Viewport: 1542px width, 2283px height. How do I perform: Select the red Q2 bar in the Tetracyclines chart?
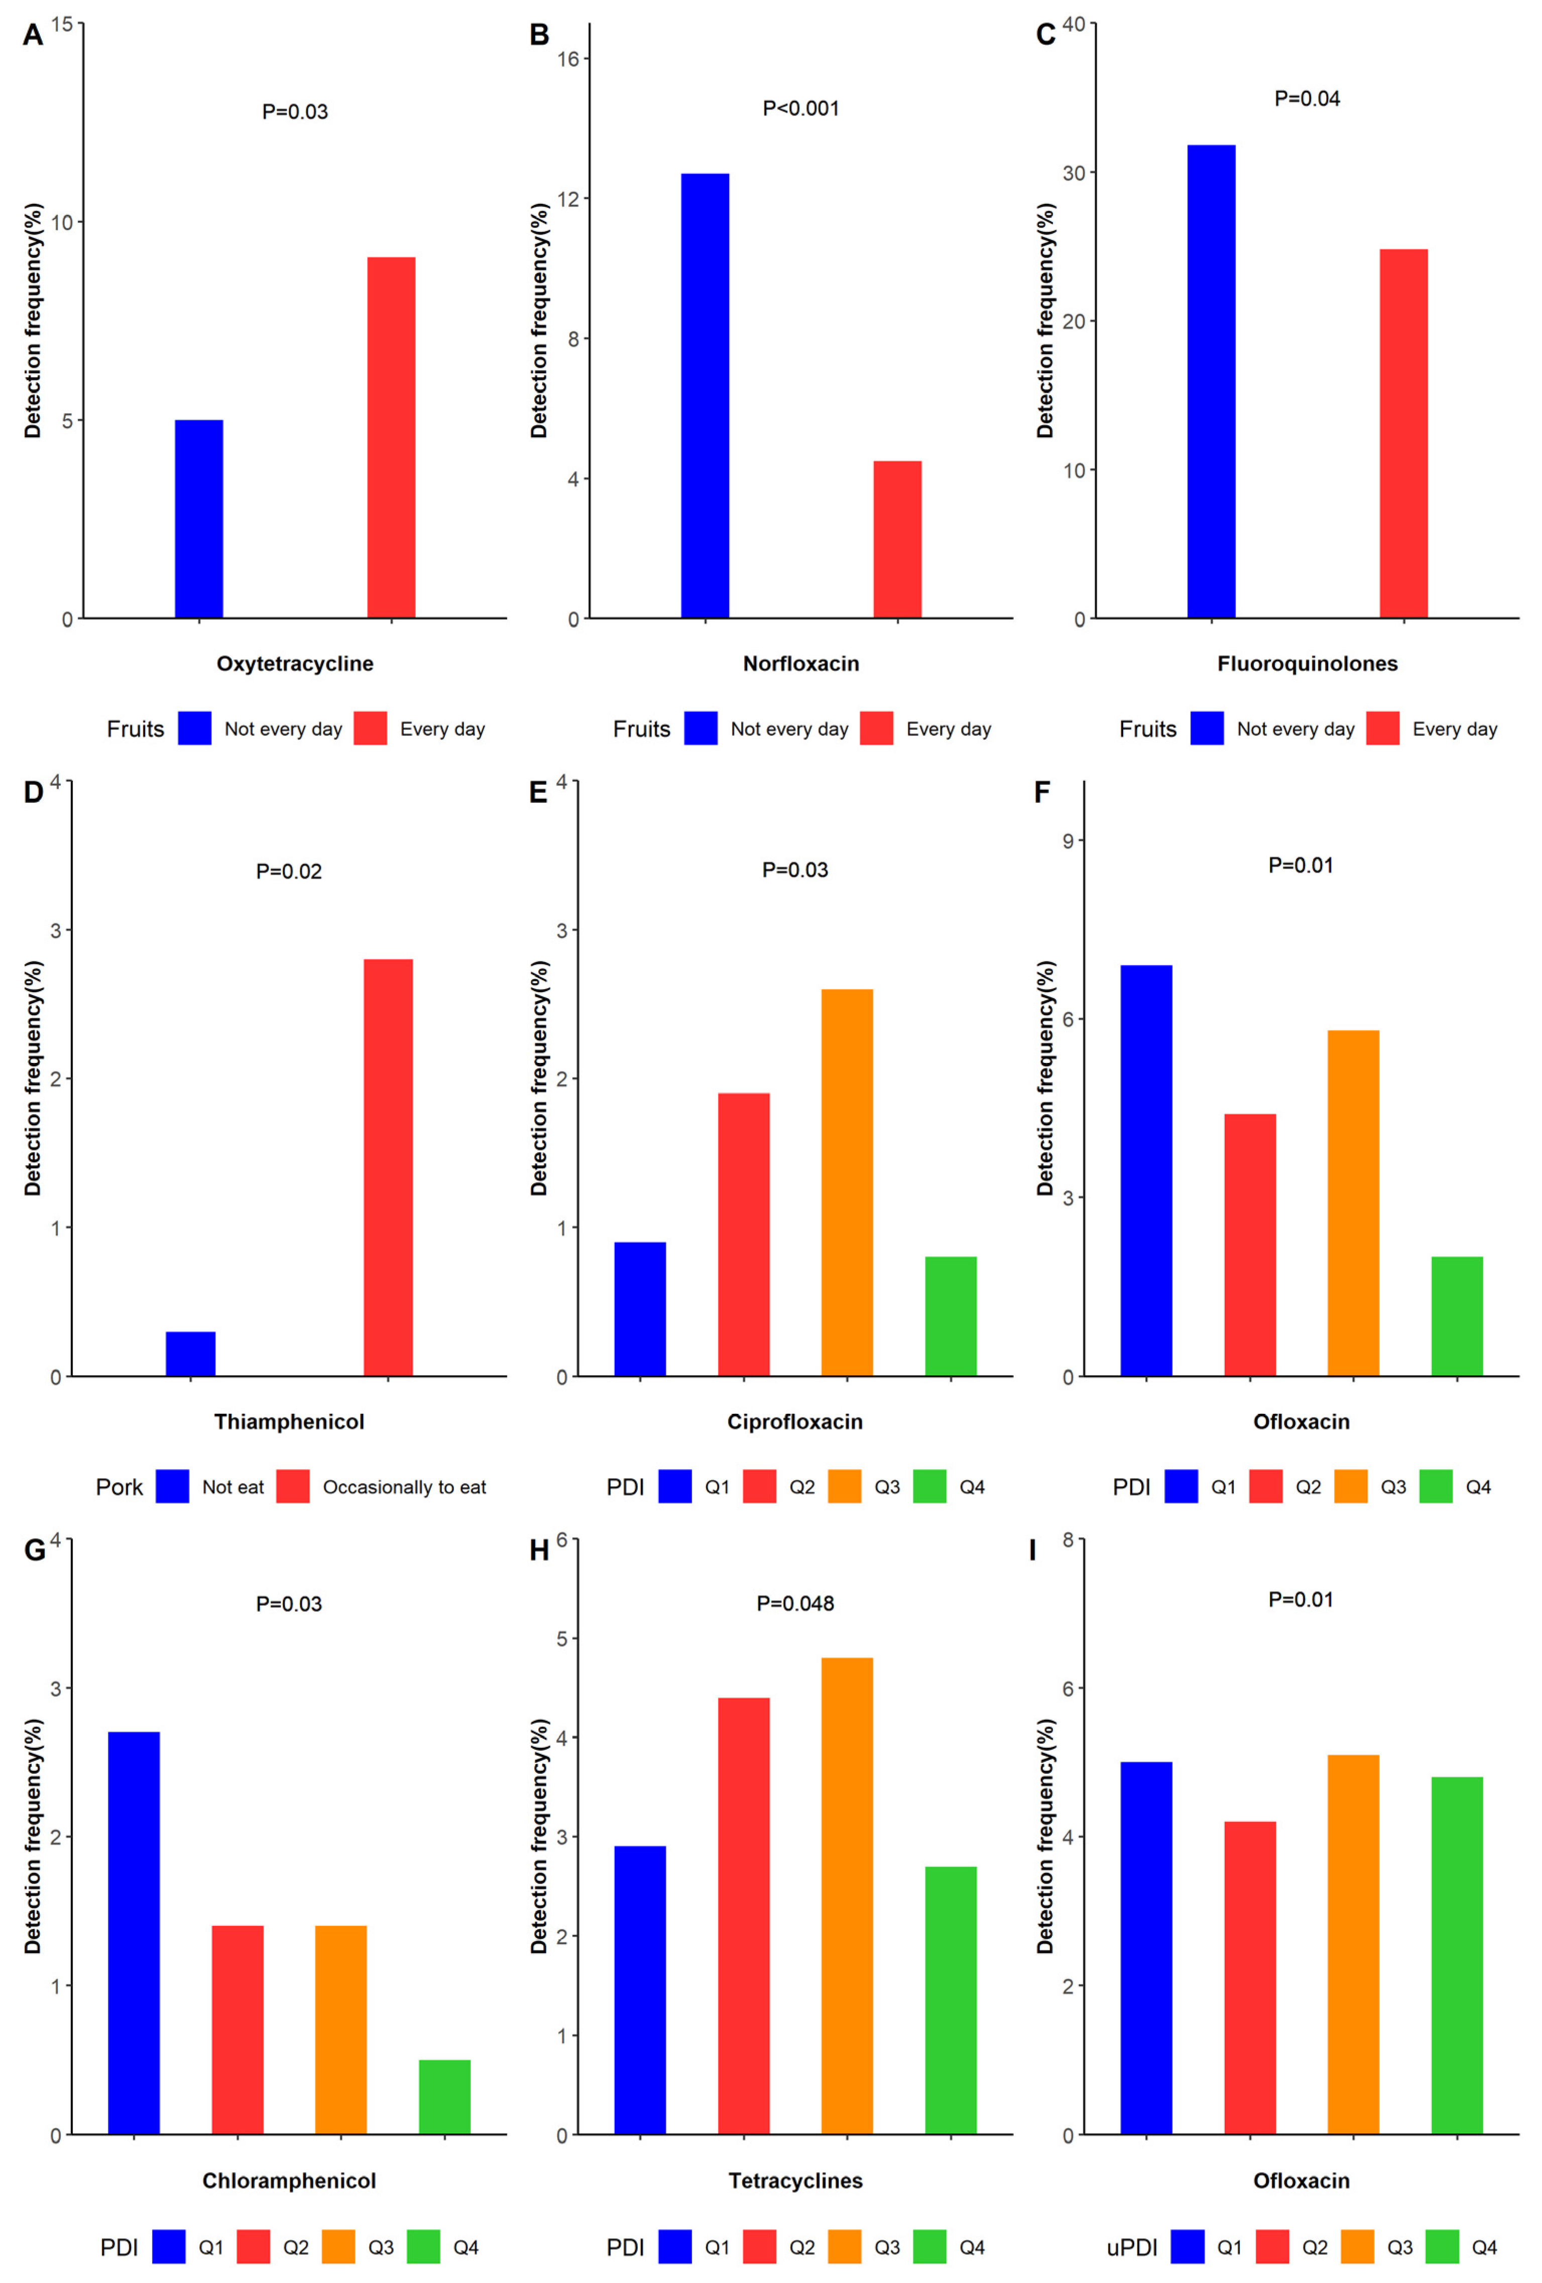744,1915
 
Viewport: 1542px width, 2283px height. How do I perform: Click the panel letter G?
34,1550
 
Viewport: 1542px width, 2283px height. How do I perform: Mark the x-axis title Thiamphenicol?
289,1421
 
